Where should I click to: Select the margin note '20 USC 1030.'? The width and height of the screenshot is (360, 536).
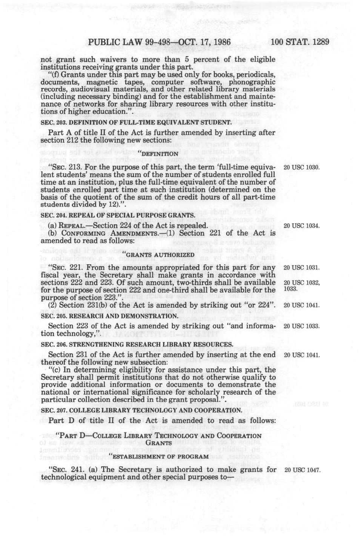click(x=302, y=167)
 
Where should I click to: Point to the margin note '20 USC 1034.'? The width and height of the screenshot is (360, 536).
click(x=302, y=226)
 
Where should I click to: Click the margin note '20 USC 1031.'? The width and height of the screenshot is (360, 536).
click(x=302, y=268)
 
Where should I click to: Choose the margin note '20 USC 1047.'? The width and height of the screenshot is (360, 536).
click(x=302, y=470)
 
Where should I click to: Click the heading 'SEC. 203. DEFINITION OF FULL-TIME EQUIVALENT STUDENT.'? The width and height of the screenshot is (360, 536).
click(x=136, y=122)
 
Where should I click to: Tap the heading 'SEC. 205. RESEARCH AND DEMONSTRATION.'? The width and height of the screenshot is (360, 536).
click(x=109, y=316)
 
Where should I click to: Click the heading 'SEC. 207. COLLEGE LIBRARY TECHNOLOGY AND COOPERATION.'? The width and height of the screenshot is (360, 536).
click(x=141, y=410)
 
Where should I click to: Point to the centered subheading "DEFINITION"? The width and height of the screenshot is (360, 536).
click(x=159, y=154)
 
